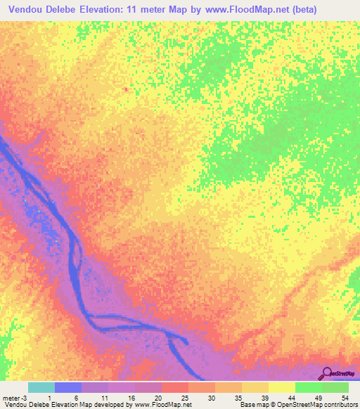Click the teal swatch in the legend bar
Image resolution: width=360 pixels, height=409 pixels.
41,387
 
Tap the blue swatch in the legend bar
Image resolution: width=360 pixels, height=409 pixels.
68,387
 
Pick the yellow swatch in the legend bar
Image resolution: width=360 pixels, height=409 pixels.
282,387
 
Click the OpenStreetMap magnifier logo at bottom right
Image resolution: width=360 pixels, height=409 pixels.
327,373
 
